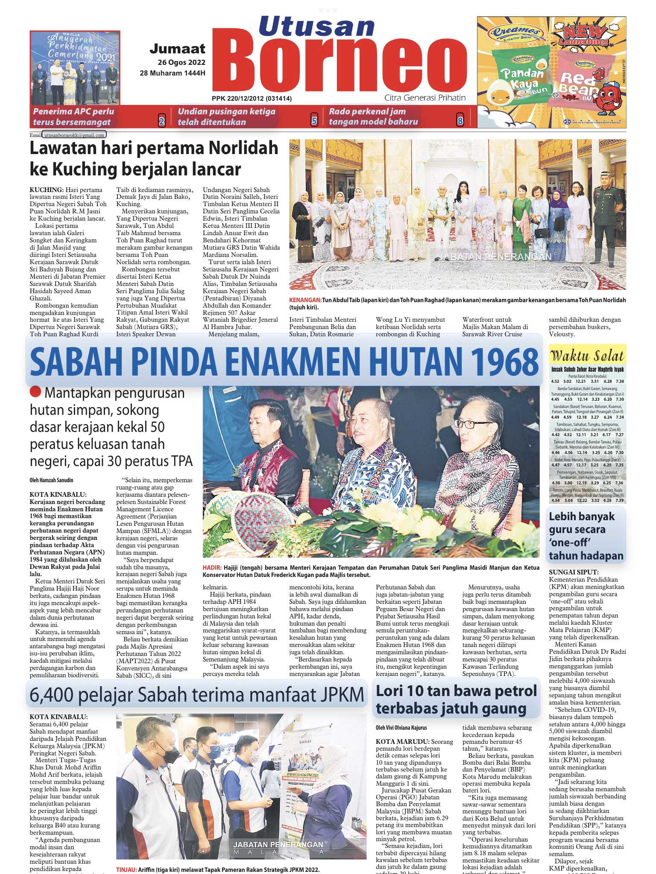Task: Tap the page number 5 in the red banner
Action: pos(314,121)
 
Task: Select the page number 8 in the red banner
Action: pos(460,121)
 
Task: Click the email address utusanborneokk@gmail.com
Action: pos(74,135)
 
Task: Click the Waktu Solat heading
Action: pos(587,356)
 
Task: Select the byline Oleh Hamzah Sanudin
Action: pos(51,480)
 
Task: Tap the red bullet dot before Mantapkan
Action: pos(36,392)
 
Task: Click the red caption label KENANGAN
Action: pos(305,300)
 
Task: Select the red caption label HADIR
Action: pos(212,568)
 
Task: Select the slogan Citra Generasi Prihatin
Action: pos(425,98)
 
